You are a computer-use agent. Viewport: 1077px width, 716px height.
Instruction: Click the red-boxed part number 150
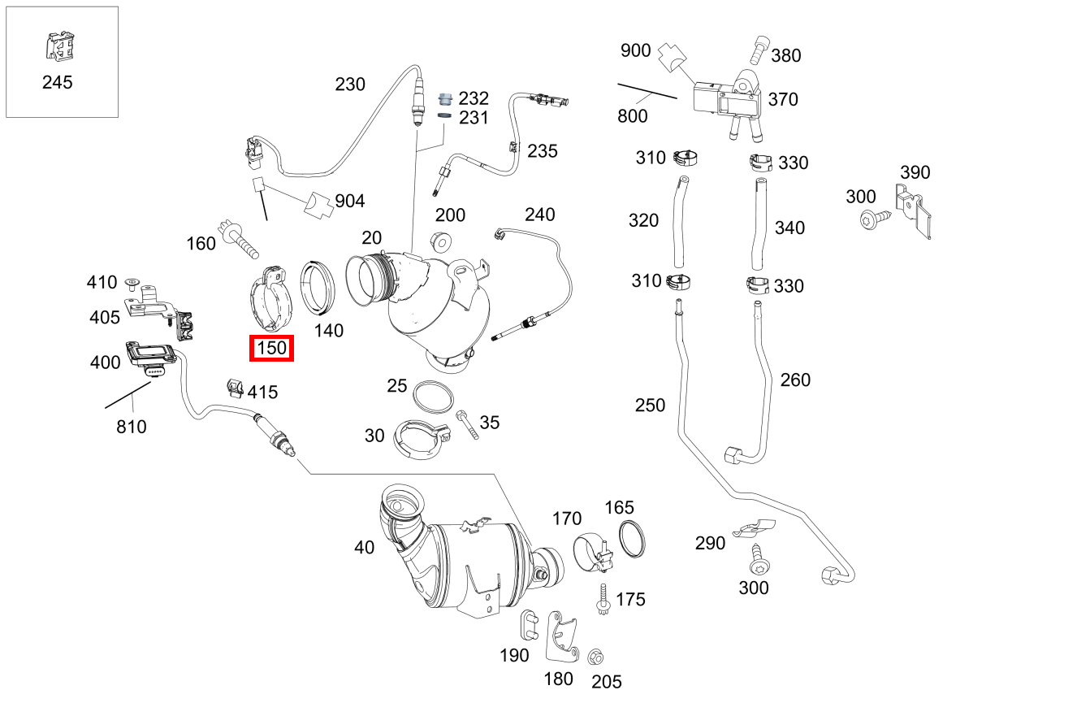(271, 349)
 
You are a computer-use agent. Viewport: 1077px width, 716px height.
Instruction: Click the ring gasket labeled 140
(319, 288)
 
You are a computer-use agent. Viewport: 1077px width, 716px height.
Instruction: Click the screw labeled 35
(468, 424)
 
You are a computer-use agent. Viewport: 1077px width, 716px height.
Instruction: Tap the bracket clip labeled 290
(753, 528)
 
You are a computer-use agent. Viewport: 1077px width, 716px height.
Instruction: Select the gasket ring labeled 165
(634, 540)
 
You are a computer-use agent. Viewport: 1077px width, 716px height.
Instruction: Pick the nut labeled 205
(595, 655)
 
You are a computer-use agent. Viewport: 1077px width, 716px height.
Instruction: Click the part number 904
(350, 201)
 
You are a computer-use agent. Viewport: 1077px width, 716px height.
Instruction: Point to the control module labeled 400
(152, 356)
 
